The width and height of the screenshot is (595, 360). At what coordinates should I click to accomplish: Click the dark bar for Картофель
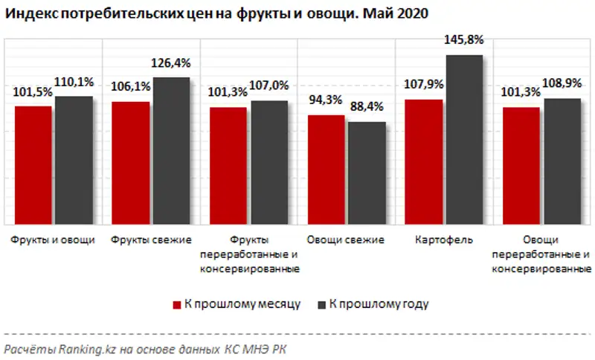pos(464,139)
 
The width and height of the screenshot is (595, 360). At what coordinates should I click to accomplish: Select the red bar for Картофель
pos(423,161)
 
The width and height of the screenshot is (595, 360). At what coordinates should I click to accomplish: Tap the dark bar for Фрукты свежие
pos(171,150)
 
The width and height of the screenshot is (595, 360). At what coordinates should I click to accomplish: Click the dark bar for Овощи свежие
pos(366,173)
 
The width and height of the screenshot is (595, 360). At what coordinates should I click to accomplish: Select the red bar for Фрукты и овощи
pos(33,165)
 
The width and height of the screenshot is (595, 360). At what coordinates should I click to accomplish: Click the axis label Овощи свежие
pos(345,240)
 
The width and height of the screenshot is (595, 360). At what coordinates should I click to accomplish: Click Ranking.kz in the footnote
pos(74,349)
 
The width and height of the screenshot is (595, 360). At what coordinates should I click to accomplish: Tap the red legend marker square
pos(177,304)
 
